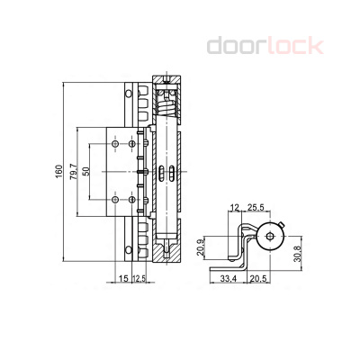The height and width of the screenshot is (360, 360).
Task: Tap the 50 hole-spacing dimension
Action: tap(88, 171)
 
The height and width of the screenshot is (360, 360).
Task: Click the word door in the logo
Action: tap(237, 45)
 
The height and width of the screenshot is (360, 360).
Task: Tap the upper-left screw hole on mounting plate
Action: tap(114, 141)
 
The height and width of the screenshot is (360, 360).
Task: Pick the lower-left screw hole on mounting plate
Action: tap(114, 199)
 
